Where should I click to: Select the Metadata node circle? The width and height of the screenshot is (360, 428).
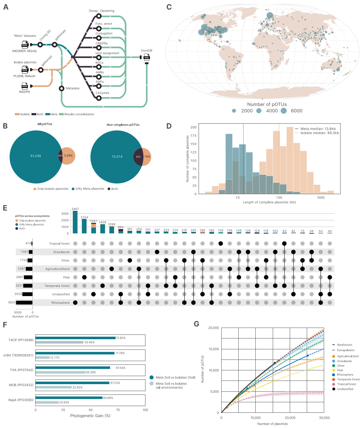coord(62,88)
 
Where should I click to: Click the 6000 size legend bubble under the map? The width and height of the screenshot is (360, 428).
coord(283,111)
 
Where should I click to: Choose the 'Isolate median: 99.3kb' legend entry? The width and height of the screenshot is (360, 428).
coord(318,133)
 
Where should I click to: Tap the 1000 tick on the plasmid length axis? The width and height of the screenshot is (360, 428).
coord(320,198)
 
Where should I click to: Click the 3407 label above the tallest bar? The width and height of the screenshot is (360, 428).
coord(75,208)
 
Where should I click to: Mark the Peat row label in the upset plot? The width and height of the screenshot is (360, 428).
coord(66,277)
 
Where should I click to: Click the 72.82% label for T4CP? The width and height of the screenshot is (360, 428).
coord(121,338)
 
